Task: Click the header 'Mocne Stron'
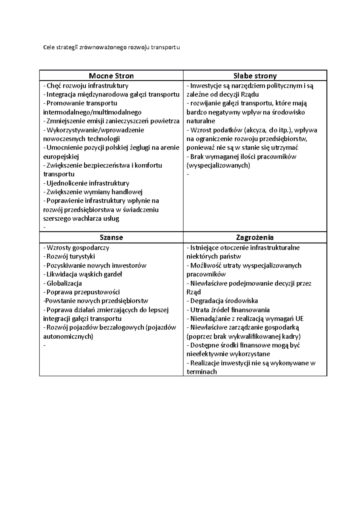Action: click(111, 76)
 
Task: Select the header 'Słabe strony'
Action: click(255, 76)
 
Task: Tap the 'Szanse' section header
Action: click(111, 237)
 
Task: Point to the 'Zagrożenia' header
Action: click(255, 237)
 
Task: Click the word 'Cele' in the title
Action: click(48, 47)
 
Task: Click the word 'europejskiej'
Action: click(61, 156)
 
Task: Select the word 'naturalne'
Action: click(201, 121)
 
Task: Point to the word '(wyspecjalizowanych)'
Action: click(218, 165)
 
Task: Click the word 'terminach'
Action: click(202, 372)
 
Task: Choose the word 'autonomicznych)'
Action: click(68, 337)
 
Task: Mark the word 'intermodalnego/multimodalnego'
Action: click(92, 112)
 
